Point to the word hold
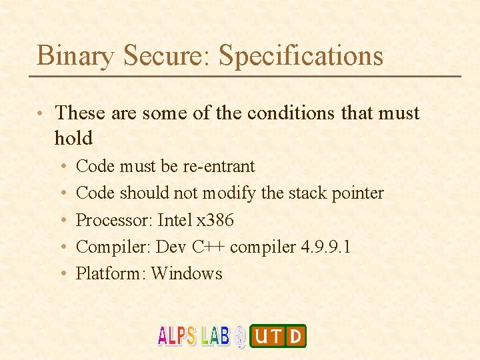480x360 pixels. [73, 138]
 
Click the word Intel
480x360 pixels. [174, 220]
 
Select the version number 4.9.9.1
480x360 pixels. [326, 247]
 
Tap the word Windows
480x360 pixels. [187, 273]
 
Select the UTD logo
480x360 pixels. [278, 336]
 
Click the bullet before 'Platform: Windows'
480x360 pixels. [62, 274]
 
